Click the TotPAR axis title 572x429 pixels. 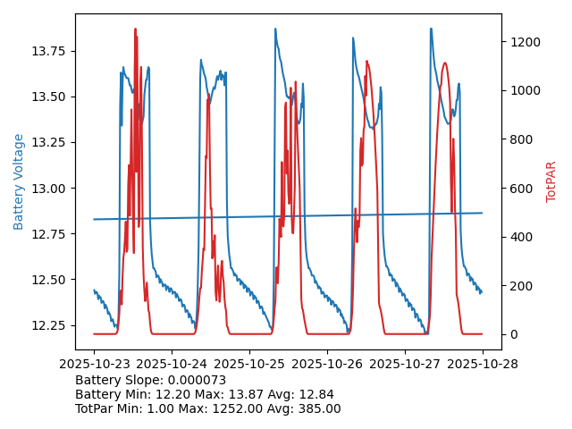[551, 181]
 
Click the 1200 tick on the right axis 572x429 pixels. [526, 42]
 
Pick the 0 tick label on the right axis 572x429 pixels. [514, 334]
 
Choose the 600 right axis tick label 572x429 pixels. [522, 189]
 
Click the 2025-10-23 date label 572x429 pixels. [94, 364]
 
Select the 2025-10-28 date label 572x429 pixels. [483, 364]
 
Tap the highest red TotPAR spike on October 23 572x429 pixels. [135, 29]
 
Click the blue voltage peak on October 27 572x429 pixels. [430, 29]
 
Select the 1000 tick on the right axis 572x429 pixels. [526, 91]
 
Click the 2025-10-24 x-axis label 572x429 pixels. [172, 364]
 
